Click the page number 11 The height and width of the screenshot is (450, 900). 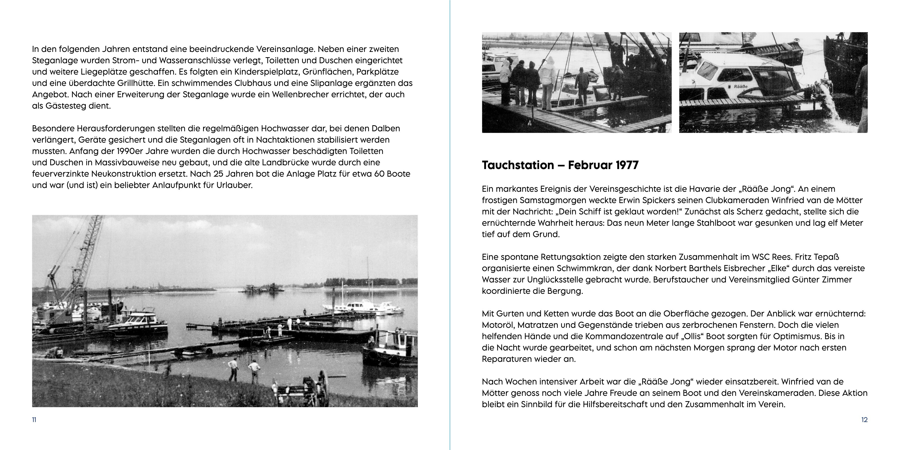(34, 420)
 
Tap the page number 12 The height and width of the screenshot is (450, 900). (864, 420)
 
